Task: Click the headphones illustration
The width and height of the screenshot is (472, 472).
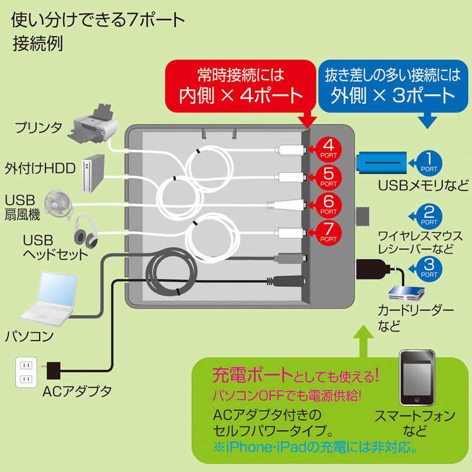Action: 86,231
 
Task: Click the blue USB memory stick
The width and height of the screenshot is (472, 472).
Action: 381,161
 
